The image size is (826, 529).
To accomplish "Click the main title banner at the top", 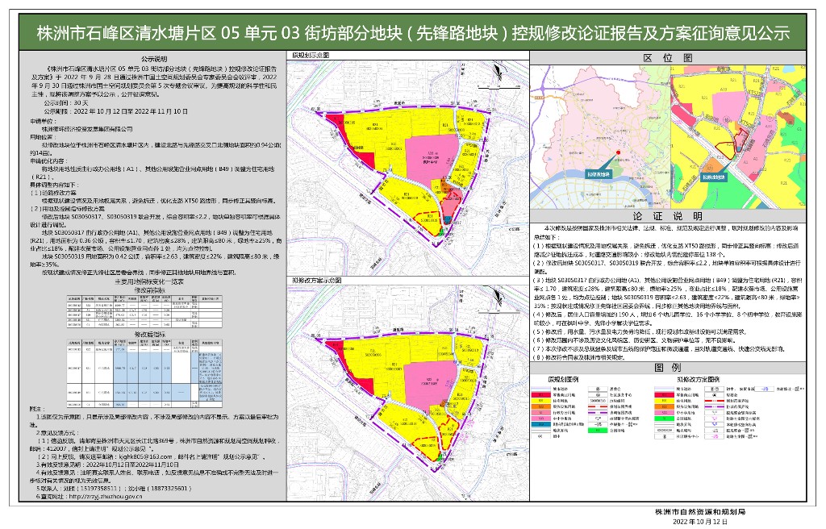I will pyautogui.click(x=412, y=32).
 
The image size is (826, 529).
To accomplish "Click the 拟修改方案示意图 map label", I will pyautogui.click(x=315, y=279).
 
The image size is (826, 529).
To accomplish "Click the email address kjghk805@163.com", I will pyautogui.click(x=127, y=455).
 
